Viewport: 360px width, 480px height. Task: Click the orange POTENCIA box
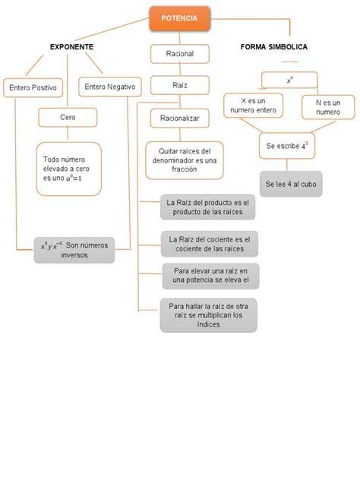pos(180,19)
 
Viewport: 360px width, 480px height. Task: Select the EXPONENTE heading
pos(71,47)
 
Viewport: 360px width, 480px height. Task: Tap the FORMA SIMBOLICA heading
pos(273,47)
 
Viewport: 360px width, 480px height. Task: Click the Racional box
pos(180,54)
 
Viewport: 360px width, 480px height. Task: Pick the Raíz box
pos(180,85)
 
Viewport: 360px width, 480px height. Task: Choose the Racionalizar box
pos(180,118)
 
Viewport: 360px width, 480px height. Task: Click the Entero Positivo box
pos(33,88)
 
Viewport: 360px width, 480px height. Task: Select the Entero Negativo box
pos(110,87)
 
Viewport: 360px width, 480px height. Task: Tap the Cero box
pos(68,117)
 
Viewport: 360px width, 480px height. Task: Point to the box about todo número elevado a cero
pos(69,169)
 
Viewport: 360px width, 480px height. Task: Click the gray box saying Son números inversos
pos(74,250)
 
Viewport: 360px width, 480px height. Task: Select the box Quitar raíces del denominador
pos(185,160)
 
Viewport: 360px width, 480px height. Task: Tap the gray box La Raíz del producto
pos(208,207)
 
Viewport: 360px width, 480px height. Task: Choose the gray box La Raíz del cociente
pos(210,244)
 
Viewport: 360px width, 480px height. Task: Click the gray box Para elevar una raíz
pos(210,276)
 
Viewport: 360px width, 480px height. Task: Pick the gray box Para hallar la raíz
pos(208,315)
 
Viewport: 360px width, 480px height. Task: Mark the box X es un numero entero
pos(253,106)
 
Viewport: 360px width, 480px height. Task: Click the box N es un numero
pos(328,107)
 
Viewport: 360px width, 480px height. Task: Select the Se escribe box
pos(287,146)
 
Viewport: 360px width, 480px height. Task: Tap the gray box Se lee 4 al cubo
pos(291,184)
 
